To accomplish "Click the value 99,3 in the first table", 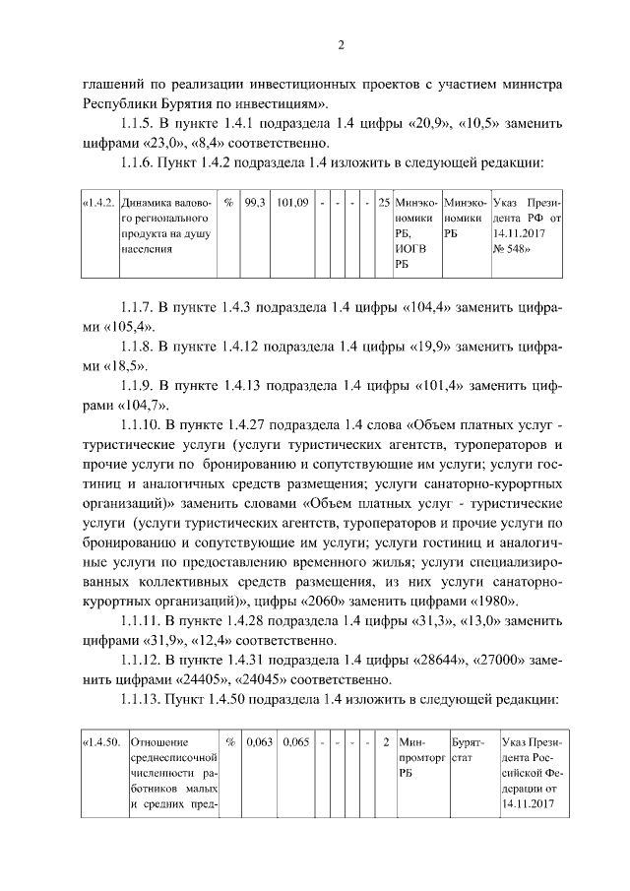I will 253,202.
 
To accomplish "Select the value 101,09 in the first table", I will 294,202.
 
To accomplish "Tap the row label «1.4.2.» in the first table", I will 98,202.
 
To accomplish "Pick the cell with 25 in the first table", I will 383,202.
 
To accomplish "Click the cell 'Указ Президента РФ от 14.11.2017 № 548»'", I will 527,225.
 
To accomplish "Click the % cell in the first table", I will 227,202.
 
